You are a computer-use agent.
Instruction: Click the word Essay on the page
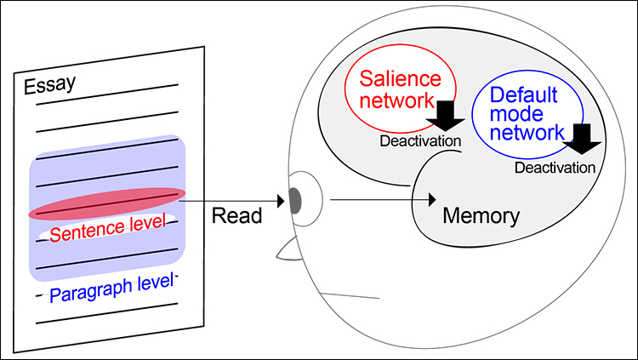click(49, 85)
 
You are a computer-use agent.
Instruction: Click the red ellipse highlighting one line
click(106, 203)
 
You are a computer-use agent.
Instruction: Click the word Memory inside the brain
click(481, 215)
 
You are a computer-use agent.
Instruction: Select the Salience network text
click(400, 89)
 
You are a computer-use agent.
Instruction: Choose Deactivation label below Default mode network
click(555, 168)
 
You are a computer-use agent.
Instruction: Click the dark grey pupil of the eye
click(295, 200)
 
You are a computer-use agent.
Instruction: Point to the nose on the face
click(287, 249)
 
